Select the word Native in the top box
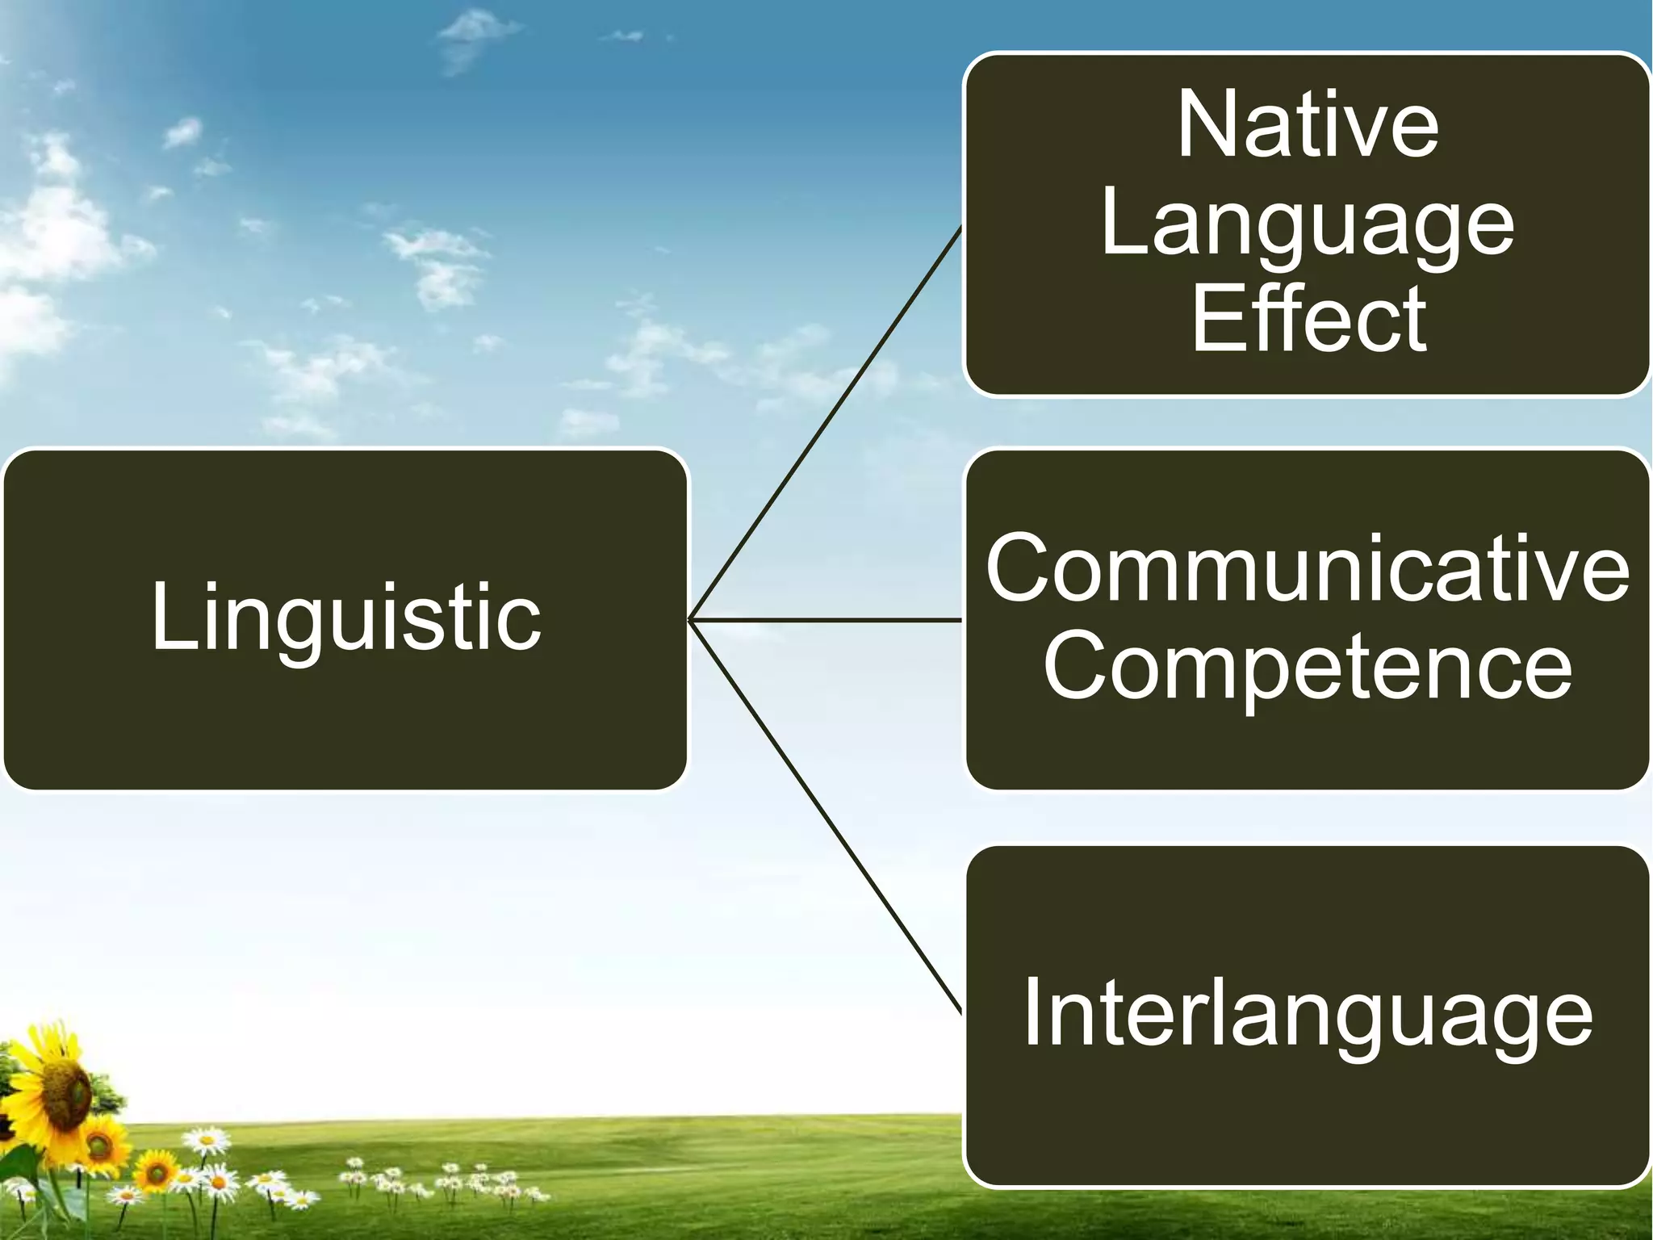1308,126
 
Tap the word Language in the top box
1308,226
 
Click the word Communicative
1308,569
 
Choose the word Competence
1308,667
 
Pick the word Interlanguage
1308,1014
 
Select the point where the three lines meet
691,620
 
